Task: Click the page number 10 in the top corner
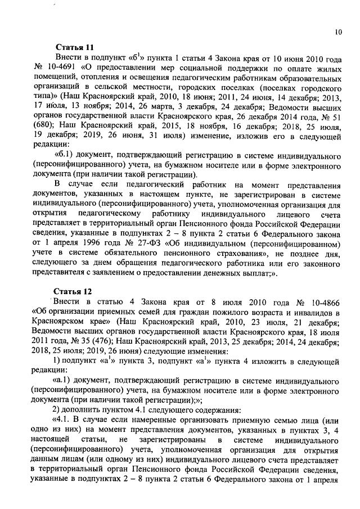pos(337,32)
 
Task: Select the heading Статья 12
pos(72,291)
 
